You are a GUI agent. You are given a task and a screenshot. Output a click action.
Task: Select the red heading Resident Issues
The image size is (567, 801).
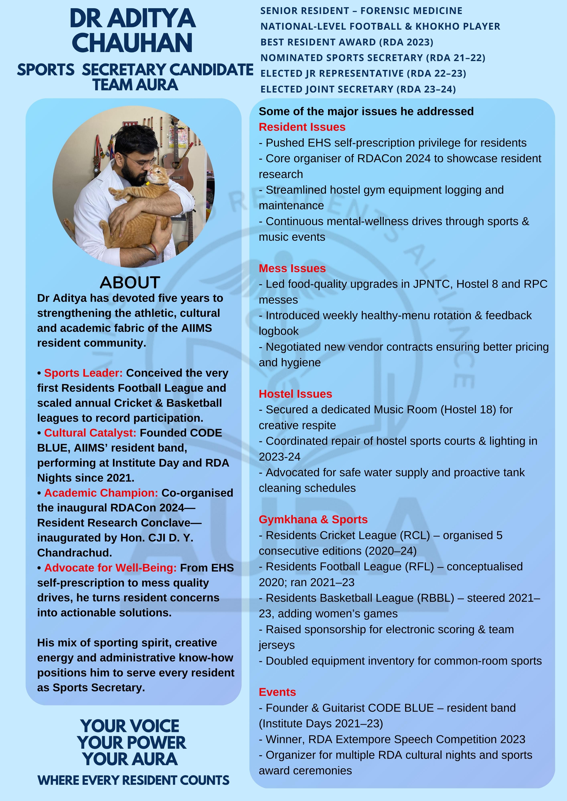pos(302,127)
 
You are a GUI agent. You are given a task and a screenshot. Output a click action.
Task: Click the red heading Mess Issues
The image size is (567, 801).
pos(292,268)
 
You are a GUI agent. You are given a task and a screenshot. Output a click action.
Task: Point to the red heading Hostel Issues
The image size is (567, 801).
pos(295,394)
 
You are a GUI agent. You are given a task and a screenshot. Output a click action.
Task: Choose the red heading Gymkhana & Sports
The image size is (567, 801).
pos(313,519)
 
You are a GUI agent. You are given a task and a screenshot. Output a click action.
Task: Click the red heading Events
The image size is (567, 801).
pos(277,692)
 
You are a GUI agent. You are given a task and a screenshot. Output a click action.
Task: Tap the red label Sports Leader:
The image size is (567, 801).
pos(83,373)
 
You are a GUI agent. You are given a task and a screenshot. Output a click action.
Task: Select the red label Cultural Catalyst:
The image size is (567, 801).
pos(90,433)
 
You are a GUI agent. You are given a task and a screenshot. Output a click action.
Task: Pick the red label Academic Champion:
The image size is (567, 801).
pos(101,493)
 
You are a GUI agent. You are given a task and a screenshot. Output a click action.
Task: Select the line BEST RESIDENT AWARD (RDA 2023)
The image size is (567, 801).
pos(347,42)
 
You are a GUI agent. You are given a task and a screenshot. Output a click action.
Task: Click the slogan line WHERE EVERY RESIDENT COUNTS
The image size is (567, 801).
pos(134,780)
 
